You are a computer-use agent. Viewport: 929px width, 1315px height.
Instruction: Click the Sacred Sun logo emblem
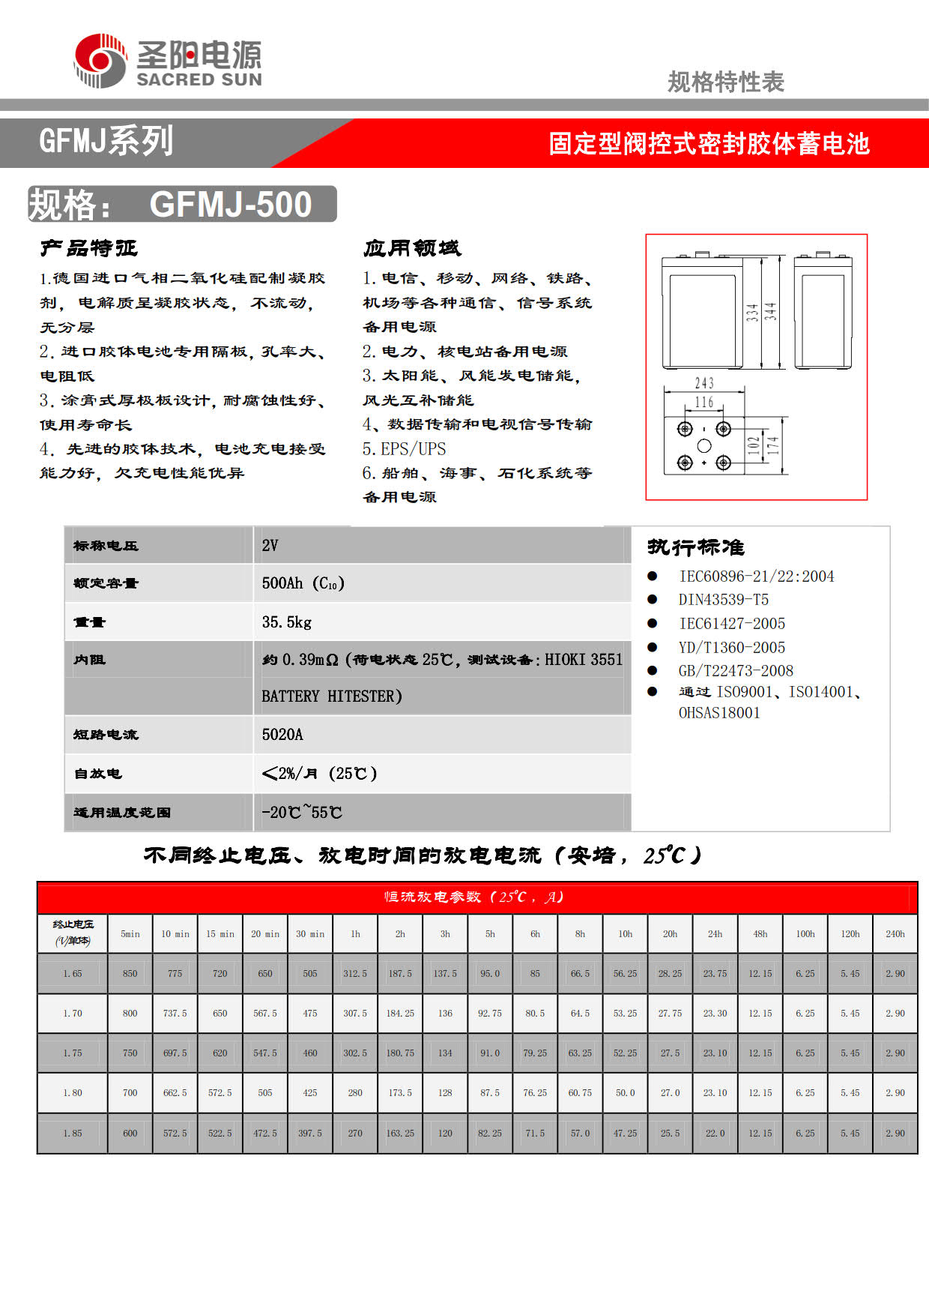point(100,60)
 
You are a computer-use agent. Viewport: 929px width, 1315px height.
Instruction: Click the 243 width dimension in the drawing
point(703,383)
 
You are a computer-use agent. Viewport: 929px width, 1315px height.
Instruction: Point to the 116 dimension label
point(703,403)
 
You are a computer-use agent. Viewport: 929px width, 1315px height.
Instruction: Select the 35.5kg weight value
point(287,622)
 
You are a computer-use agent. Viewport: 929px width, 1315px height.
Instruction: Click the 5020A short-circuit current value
point(282,735)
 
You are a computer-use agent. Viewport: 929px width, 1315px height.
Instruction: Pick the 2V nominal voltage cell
point(270,545)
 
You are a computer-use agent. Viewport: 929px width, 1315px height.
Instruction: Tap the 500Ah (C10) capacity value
point(303,583)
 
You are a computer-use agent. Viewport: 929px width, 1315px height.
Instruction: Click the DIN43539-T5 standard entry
point(723,600)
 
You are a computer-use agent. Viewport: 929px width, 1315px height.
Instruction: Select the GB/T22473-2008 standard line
point(735,671)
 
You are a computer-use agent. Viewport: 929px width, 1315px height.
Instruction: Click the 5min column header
point(130,934)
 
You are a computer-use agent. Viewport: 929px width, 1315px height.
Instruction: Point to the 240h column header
point(895,934)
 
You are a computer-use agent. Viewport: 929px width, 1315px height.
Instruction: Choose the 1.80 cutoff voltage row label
point(73,1093)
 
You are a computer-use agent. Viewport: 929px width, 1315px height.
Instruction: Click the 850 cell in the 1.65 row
point(130,974)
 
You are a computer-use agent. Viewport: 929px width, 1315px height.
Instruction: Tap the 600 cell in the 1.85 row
point(130,1134)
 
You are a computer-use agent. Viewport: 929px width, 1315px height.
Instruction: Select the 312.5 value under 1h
point(355,974)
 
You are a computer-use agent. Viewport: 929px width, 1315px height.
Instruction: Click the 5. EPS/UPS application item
point(404,449)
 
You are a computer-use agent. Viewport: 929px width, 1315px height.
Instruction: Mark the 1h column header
point(355,934)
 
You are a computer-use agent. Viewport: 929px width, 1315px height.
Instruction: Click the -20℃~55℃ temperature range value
point(301,812)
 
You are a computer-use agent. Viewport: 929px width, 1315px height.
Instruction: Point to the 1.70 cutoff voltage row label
point(73,1014)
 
